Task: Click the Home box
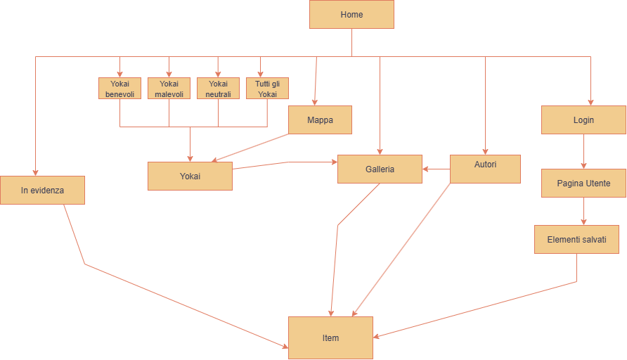point(351,14)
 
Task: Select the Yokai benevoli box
point(119,88)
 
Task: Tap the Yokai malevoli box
point(169,88)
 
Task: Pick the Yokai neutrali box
point(218,88)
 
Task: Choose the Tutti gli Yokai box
point(267,88)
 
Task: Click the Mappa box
point(320,120)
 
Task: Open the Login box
point(583,120)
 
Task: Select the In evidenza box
point(42,190)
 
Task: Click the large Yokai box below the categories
point(190,176)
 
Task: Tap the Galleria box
point(380,169)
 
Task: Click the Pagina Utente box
point(583,183)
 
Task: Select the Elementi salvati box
point(576,239)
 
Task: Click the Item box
point(330,337)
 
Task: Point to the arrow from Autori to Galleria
point(436,169)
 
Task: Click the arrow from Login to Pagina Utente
point(583,151)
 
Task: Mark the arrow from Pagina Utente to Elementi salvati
point(583,211)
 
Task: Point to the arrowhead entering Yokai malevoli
point(169,74)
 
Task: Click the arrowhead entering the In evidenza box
point(35,172)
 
